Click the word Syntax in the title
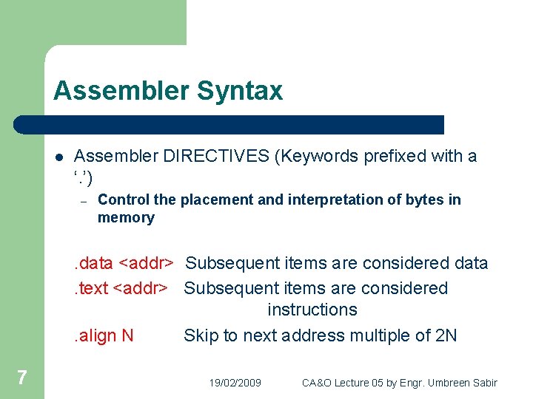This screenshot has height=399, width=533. (241, 92)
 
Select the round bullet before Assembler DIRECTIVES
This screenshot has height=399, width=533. (58, 157)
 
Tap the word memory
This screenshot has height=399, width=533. (126, 218)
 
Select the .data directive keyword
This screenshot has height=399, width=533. (92, 263)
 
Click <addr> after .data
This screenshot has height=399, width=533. (147, 263)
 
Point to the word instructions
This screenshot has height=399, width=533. (312, 310)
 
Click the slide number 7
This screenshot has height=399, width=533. (22, 378)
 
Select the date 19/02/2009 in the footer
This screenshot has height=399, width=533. (235, 383)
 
